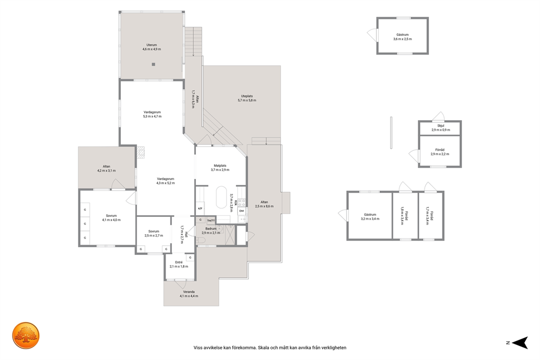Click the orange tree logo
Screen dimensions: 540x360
click(x=26, y=335)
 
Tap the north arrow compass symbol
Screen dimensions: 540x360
click(x=520, y=343)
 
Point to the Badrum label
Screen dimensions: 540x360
click(x=211, y=229)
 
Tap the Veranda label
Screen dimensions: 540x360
click(x=189, y=292)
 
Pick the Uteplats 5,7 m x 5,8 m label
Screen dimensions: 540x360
click(x=247, y=98)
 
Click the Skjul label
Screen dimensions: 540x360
click(x=440, y=126)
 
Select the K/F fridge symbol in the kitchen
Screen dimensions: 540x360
click(x=200, y=209)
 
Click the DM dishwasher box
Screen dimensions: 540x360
click(x=241, y=210)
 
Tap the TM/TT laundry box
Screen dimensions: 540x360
click(x=211, y=221)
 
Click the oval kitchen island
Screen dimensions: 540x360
click(x=222, y=197)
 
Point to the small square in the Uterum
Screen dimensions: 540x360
click(x=154, y=64)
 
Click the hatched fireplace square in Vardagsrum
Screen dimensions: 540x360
click(x=140, y=152)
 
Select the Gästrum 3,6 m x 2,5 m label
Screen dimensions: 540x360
click(x=402, y=37)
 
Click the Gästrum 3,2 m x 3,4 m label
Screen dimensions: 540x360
click(x=370, y=216)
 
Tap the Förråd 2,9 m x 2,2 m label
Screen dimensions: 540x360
click(x=440, y=152)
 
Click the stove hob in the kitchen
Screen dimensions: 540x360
click(x=241, y=202)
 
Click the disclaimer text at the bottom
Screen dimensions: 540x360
click(x=270, y=347)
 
